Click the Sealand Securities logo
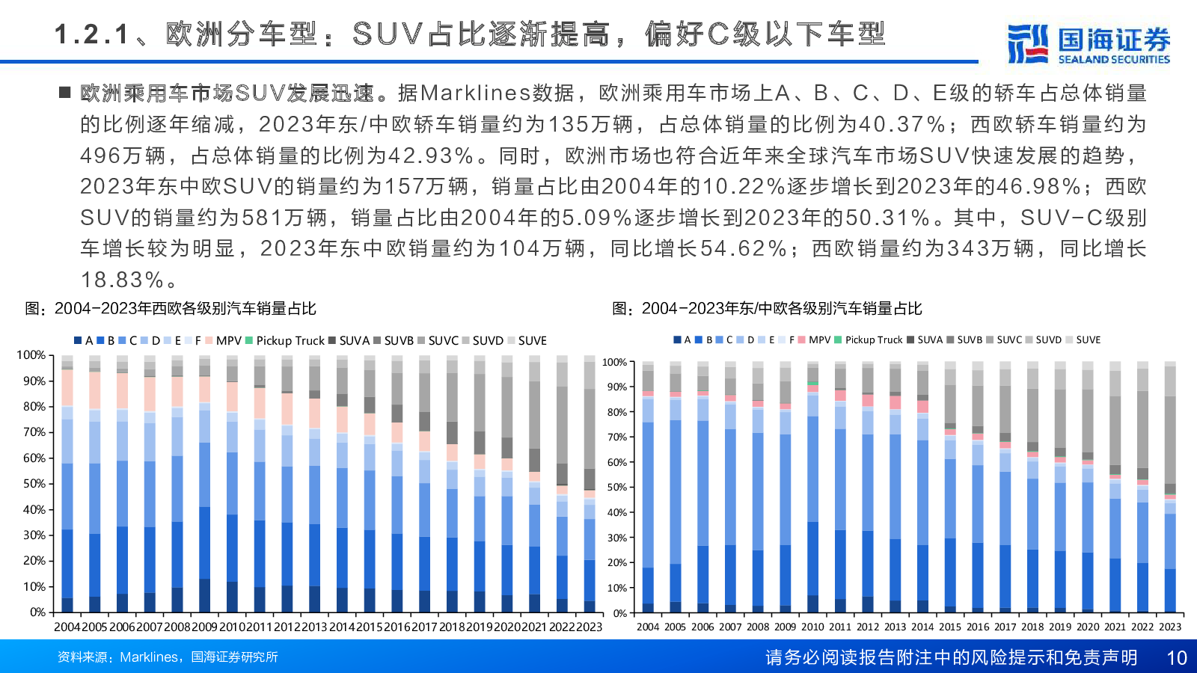coord(1089,44)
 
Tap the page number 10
coord(1177,657)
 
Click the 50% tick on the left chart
coord(34,484)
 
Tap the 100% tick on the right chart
coord(615,363)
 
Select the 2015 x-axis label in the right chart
coord(950,627)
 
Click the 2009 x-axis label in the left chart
coord(204,627)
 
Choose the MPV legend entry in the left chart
coord(224,341)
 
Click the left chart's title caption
coord(171,309)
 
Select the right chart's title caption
coord(767,309)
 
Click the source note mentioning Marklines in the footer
coord(168,657)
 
